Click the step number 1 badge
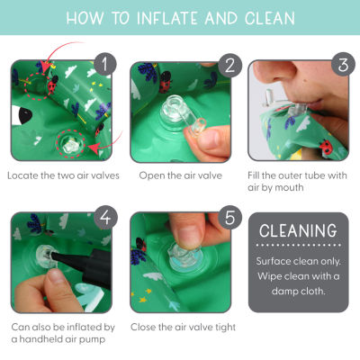pos(104,64)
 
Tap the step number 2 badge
pos(229,66)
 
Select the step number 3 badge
pos(343,64)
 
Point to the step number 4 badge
pos(105,217)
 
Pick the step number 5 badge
pos(229,217)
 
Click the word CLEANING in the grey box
pos(298,230)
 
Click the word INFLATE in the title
pos(167,18)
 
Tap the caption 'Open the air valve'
pos(180,175)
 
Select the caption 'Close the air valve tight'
pos(183,327)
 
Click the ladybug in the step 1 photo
pos(53,85)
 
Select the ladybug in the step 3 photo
pos(326,147)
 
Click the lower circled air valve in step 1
pos(70,144)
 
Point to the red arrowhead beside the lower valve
pos(96,148)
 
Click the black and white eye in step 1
pos(21,115)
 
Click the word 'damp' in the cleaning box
pos(283,291)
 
